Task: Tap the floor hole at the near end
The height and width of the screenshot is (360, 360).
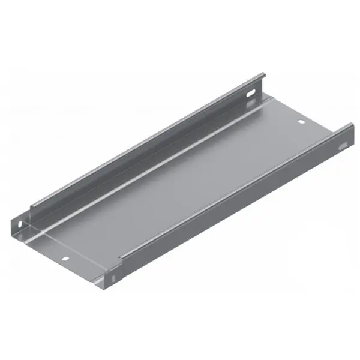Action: point(65,260)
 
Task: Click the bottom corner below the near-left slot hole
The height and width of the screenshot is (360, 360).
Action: point(18,235)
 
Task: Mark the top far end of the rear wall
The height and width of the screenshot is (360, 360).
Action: point(262,75)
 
